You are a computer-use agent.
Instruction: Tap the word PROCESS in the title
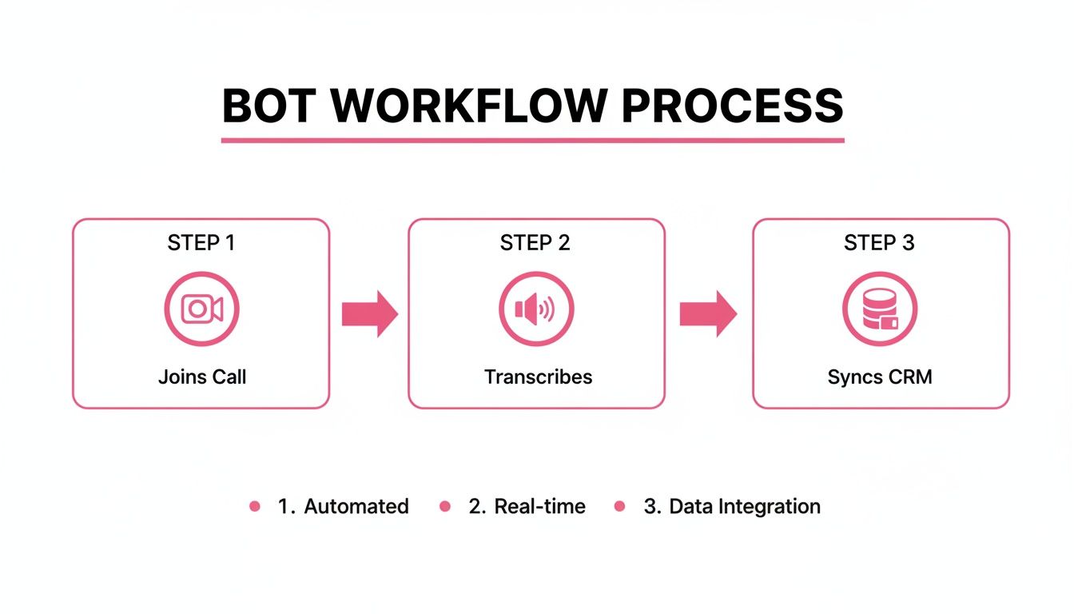coord(731,105)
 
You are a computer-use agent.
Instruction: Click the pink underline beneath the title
coord(532,141)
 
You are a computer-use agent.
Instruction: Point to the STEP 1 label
coord(201,243)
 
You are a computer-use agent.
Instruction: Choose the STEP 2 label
coord(535,243)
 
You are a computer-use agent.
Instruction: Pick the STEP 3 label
coord(879,243)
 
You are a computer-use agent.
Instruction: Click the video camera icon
coord(201,309)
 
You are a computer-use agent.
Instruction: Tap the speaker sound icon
coord(535,309)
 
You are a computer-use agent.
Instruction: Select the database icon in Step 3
coord(880,309)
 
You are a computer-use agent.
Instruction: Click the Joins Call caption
coord(202,377)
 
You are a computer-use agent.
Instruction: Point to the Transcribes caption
coord(539,377)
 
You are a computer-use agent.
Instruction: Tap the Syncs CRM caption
coord(880,377)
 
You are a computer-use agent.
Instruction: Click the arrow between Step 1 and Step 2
coord(369,314)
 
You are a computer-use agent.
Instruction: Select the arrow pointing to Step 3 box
coord(708,314)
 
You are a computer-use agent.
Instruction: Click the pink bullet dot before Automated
coord(255,506)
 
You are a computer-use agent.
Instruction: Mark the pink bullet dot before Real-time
coord(445,506)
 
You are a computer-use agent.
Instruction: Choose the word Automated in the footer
coord(356,506)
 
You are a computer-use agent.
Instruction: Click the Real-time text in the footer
coord(540,506)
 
